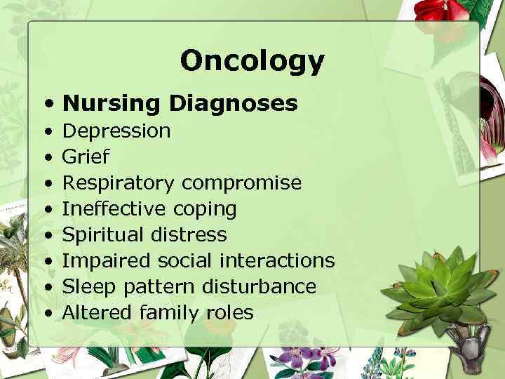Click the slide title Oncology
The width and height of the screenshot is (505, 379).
pos(252,61)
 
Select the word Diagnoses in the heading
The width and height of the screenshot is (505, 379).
pos(232,104)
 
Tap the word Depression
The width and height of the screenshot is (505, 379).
pos(116,131)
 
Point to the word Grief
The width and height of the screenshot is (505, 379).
pos(86,157)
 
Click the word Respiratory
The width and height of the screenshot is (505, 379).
pos(119,183)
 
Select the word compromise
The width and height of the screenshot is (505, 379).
pos(241,183)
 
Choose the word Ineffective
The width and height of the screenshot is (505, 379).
pos(114,209)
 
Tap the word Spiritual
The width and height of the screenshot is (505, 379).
pos(105,234)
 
